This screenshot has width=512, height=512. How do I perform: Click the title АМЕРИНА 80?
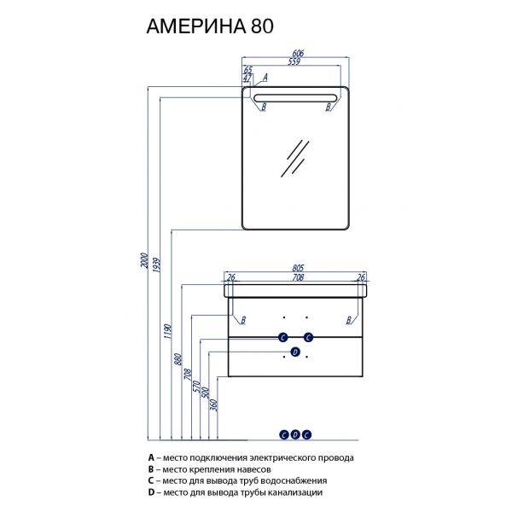pyautogui.click(x=210, y=26)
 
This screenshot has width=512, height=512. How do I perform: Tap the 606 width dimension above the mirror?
pyautogui.click(x=298, y=53)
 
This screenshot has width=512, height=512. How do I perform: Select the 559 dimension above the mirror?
pyautogui.click(x=294, y=61)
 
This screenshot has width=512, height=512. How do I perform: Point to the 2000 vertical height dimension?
pyautogui.click(x=144, y=260)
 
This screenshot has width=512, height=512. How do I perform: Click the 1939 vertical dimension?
pyautogui.click(x=156, y=265)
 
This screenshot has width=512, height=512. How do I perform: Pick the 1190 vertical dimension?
pyautogui.click(x=167, y=331)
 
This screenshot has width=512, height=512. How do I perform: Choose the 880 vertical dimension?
pyautogui.click(x=178, y=359)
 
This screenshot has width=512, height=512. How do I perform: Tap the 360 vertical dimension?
pyautogui.click(x=214, y=404)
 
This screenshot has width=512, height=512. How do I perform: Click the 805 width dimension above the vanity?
pyautogui.click(x=298, y=268)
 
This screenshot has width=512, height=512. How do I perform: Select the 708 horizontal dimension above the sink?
pyautogui.click(x=298, y=277)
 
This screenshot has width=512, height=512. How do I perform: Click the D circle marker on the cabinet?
pyautogui.click(x=295, y=352)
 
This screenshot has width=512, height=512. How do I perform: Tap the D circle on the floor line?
pyautogui.click(x=295, y=434)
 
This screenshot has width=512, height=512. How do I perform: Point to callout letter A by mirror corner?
pyautogui.click(x=265, y=78)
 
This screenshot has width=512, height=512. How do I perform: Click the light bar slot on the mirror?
pyautogui.click(x=295, y=98)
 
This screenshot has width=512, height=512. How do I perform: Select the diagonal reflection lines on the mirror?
pyautogui.click(x=295, y=159)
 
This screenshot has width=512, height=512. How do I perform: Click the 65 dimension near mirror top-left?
pyautogui.click(x=248, y=70)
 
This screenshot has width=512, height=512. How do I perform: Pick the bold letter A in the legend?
pyautogui.click(x=151, y=457)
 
